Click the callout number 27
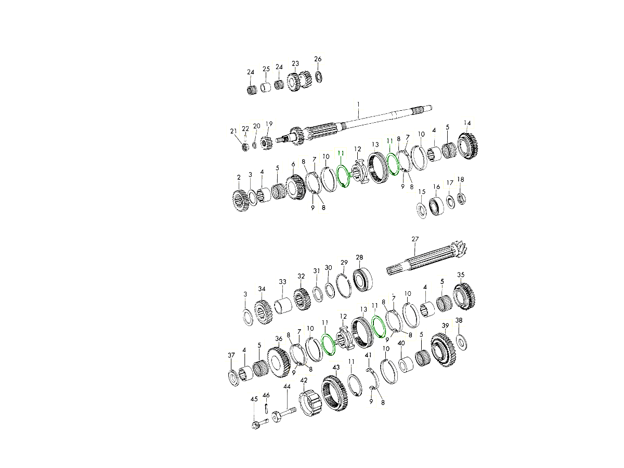click(x=415, y=239)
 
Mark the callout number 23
click(x=295, y=63)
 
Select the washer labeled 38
click(x=461, y=341)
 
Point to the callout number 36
click(x=279, y=339)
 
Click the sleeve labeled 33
click(x=284, y=305)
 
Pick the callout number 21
click(x=233, y=131)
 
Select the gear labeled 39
click(x=443, y=352)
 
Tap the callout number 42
click(x=304, y=380)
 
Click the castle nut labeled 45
click(x=255, y=425)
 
